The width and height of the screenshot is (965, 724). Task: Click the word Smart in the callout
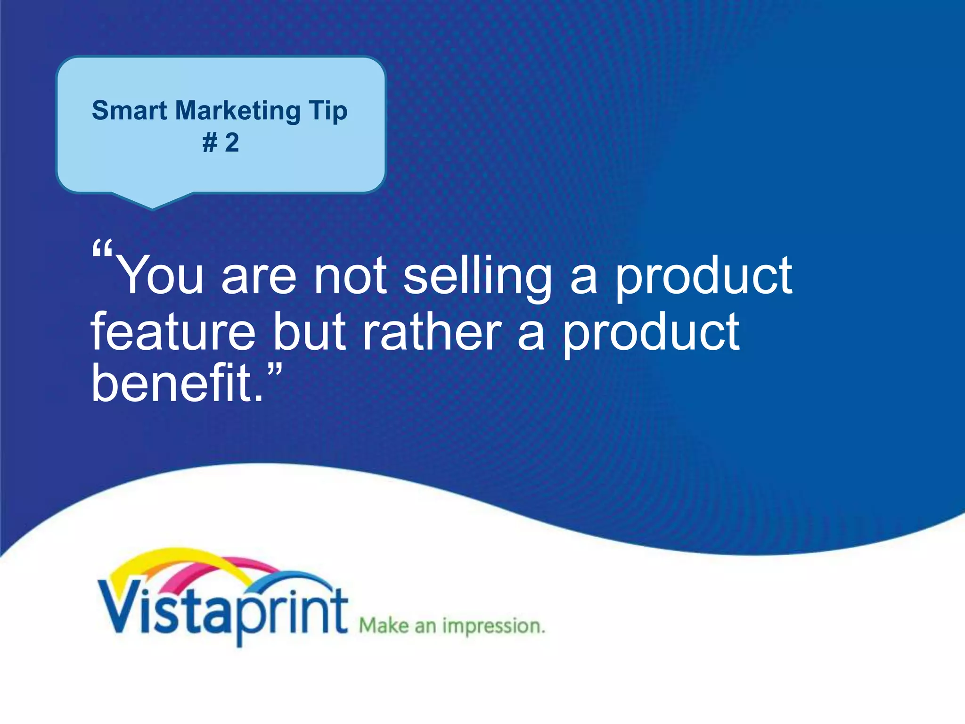pos(129,111)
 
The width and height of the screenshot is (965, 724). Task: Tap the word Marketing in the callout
pos(237,112)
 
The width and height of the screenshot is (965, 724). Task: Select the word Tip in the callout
pos(328,112)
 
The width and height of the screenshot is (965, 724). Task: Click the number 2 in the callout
pos(232,142)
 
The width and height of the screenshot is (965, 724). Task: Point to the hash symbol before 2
pos(210,143)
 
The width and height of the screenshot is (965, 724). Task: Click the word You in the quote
pos(160,276)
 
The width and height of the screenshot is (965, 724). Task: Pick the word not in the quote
pos(351,276)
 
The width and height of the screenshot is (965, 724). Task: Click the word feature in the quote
pos(172,332)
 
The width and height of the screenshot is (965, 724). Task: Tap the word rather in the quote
pos(432,332)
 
